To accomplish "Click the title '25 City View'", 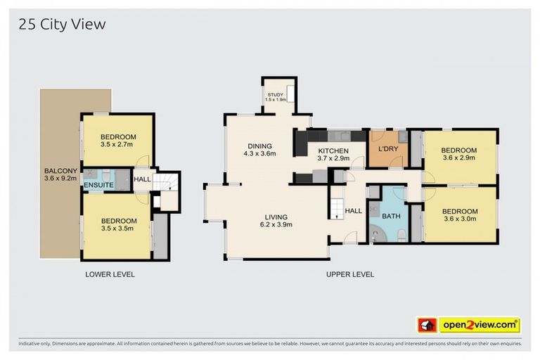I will (x=62, y=25).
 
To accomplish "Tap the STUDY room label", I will (x=275, y=96).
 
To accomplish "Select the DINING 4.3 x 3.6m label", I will (x=259, y=149).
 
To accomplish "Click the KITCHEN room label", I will (x=333, y=155).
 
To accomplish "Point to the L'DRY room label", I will (x=388, y=150).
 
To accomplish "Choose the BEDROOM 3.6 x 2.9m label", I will (x=458, y=154).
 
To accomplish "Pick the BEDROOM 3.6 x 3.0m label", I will (x=459, y=215).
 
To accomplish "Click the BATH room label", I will (x=391, y=216).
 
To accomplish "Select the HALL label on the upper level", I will (x=353, y=210).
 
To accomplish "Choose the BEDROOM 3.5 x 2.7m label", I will (x=117, y=141).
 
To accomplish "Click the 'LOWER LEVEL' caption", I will (x=110, y=274).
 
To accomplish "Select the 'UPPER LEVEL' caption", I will (x=349, y=274).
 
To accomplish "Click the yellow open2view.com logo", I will (x=480, y=325).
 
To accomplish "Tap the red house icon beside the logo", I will (x=427, y=325).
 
